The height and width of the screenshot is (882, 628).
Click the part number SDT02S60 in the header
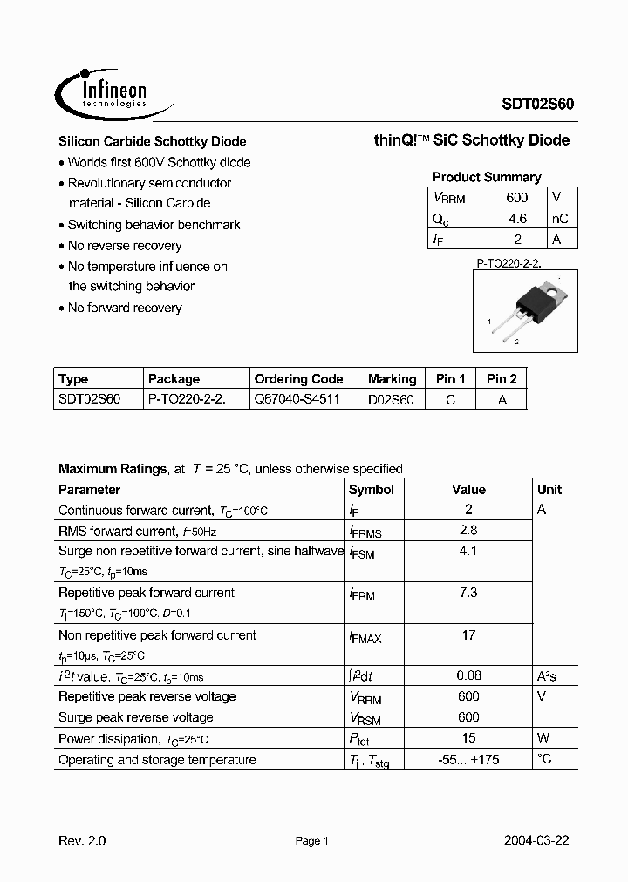tap(537, 102)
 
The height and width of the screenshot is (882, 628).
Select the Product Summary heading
tap(487, 177)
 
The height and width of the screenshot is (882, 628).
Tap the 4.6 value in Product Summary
tap(516, 219)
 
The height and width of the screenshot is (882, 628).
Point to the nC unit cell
tap(560, 219)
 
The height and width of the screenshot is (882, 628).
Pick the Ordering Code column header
tap(298, 379)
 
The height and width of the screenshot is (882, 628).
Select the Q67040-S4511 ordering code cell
tap(297, 399)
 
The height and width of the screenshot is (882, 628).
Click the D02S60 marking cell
tap(391, 400)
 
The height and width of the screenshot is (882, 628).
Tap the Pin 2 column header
tap(502, 379)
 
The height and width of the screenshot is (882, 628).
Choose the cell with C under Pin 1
tap(450, 400)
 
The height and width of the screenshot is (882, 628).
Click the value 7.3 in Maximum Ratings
tap(468, 593)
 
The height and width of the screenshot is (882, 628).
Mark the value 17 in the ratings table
tap(468, 635)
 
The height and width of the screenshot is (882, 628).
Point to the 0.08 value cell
tap(468, 675)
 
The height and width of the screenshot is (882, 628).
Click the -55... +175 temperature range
tap(468, 759)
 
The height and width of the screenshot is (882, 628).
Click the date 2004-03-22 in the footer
tap(537, 841)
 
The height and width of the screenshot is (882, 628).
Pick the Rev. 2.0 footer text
tap(82, 841)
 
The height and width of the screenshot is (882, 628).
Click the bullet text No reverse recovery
tap(125, 246)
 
